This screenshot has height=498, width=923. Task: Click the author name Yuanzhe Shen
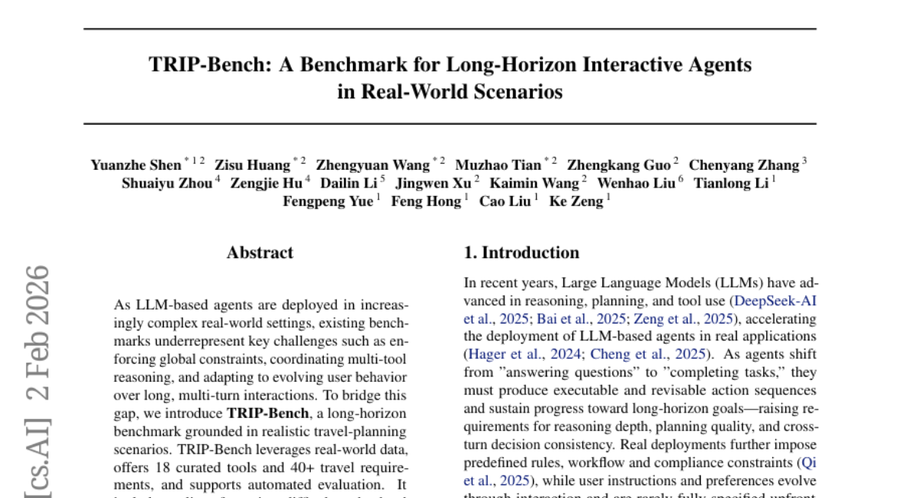coord(135,165)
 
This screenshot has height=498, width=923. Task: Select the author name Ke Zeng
coord(577,202)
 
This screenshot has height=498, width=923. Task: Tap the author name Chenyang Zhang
coord(744,165)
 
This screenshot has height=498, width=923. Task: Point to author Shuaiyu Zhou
coord(166,184)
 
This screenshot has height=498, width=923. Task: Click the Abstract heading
coord(260,253)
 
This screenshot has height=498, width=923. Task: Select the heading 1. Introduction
coord(521,253)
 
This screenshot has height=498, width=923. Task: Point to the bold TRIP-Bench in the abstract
coord(262,413)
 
